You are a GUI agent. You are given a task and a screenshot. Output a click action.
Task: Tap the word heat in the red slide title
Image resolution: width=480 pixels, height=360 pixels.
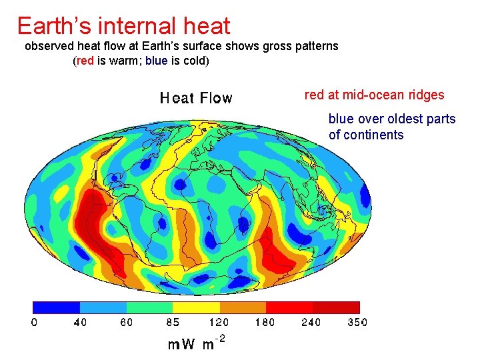[x=205, y=26]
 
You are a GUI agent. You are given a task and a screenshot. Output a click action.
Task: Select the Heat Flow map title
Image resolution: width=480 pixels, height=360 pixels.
[x=196, y=99]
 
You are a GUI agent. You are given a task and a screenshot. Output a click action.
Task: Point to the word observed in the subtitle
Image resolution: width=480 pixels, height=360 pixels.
[x=51, y=47]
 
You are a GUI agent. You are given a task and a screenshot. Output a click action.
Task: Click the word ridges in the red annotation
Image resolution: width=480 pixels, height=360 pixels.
[x=425, y=95]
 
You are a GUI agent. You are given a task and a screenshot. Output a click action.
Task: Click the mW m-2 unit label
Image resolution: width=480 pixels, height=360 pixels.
[x=196, y=344]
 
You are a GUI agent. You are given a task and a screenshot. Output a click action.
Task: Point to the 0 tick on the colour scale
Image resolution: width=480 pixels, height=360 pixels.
[x=34, y=323]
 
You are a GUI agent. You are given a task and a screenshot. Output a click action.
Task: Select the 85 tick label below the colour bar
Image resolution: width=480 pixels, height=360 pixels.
[x=173, y=323]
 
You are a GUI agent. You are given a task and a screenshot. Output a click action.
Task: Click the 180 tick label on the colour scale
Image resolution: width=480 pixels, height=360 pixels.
[x=265, y=323]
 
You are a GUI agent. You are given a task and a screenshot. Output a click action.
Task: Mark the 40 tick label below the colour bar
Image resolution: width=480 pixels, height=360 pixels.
[x=80, y=323]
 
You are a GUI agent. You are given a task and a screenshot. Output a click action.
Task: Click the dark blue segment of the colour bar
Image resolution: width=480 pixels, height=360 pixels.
[x=57, y=307]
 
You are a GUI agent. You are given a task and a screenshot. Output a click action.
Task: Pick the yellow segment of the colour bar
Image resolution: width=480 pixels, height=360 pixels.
[x=196, y=307]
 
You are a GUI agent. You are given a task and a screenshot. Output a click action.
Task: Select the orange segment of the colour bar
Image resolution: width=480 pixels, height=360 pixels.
[x=243, y=307]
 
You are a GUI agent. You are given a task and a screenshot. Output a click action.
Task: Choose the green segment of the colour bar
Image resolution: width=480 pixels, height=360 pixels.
[x=149, y=307]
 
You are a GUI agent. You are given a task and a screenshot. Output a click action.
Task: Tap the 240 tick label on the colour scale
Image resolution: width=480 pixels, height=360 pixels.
[x=311, y=323]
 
